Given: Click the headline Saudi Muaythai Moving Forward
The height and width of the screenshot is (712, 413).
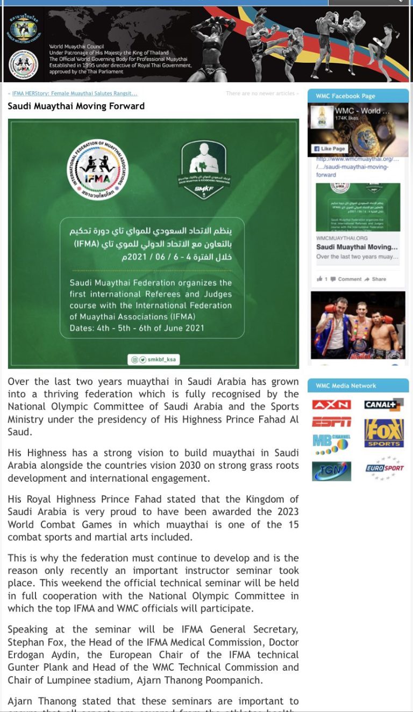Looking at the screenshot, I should pos(76,106).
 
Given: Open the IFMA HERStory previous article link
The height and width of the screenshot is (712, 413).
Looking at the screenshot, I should pos(74,93).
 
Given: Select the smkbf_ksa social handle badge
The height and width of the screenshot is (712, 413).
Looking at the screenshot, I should pos(153,359).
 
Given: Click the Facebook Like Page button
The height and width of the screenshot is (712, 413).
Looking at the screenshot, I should pos(330,149).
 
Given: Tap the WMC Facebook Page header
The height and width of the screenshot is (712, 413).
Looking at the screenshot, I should pos(345,96).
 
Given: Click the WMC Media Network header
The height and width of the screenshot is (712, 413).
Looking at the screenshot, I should pos(346,386).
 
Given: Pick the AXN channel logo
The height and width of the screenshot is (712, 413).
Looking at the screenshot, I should pos(331,405).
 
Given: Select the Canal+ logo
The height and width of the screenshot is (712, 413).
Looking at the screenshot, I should pos(383,405).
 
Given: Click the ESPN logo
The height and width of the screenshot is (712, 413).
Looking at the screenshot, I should pos(331,422).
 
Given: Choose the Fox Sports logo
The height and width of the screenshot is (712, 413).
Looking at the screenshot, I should pos(383,433).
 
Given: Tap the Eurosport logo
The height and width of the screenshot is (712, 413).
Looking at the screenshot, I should pos(384,468).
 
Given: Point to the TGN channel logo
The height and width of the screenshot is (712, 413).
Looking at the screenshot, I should pos(331,471).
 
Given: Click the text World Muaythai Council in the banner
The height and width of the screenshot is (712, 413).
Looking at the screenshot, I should pos(76,47).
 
